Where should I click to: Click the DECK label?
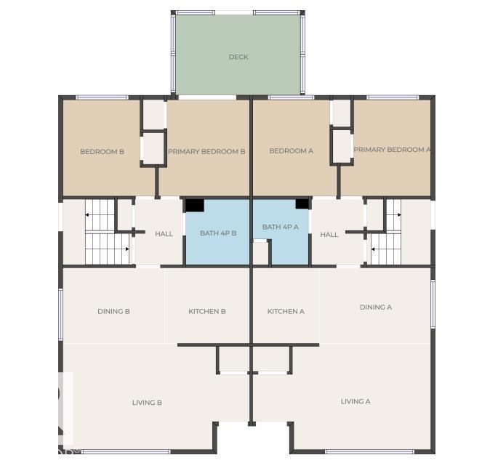pos(238,57)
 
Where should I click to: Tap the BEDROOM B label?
pos(102,152)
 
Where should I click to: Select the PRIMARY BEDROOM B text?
pos(206,152)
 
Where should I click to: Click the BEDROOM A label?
pos(291,151)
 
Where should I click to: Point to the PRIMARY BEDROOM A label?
pos(392,150)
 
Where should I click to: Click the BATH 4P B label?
pos(218,233)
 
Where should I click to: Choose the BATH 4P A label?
pos(281,228)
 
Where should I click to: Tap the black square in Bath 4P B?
pos(194,205)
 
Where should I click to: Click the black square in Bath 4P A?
pos(302,204)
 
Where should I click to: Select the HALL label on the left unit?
pos(164,234)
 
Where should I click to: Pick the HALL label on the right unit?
pos(329,235)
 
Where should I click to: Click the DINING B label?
pos(113,311)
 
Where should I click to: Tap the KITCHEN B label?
pos(207,311)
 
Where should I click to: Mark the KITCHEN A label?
pos(286,311)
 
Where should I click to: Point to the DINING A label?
pos(375,307)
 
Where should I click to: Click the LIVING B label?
pos(147,402)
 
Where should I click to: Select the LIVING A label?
pos(356,401)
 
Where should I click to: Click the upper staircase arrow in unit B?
pos(88,214)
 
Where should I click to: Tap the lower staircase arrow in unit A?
pos(374,249)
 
